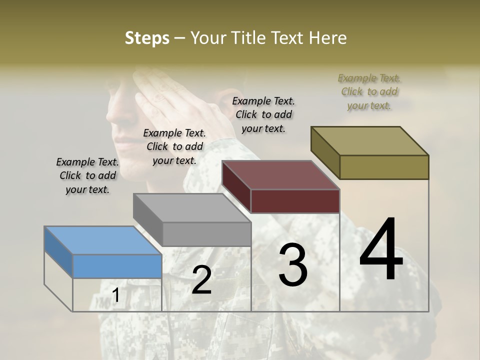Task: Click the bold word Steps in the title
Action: click(147, 38)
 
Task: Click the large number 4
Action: click(381, 250)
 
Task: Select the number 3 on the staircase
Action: click(292, 265)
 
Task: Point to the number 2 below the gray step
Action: click(201, 280)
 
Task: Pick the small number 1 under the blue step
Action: click(116, 295)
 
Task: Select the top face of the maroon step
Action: click(280, 175)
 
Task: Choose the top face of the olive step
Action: click(369, 140)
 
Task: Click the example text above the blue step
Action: click(87, 175)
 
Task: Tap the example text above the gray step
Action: click(174, 146)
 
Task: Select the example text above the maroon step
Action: click(263, 114)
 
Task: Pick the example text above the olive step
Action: click(369, 91)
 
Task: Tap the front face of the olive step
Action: click(384, 167)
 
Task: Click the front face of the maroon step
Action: click(295, 201)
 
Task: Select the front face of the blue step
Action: click(117, 266)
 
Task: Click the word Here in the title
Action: click(328, 38)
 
